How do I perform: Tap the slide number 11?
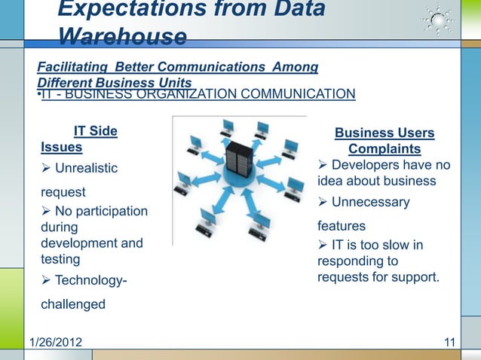coord(450,345)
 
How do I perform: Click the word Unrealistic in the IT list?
coord(86,167)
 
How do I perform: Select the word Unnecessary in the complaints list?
coord(370,202)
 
